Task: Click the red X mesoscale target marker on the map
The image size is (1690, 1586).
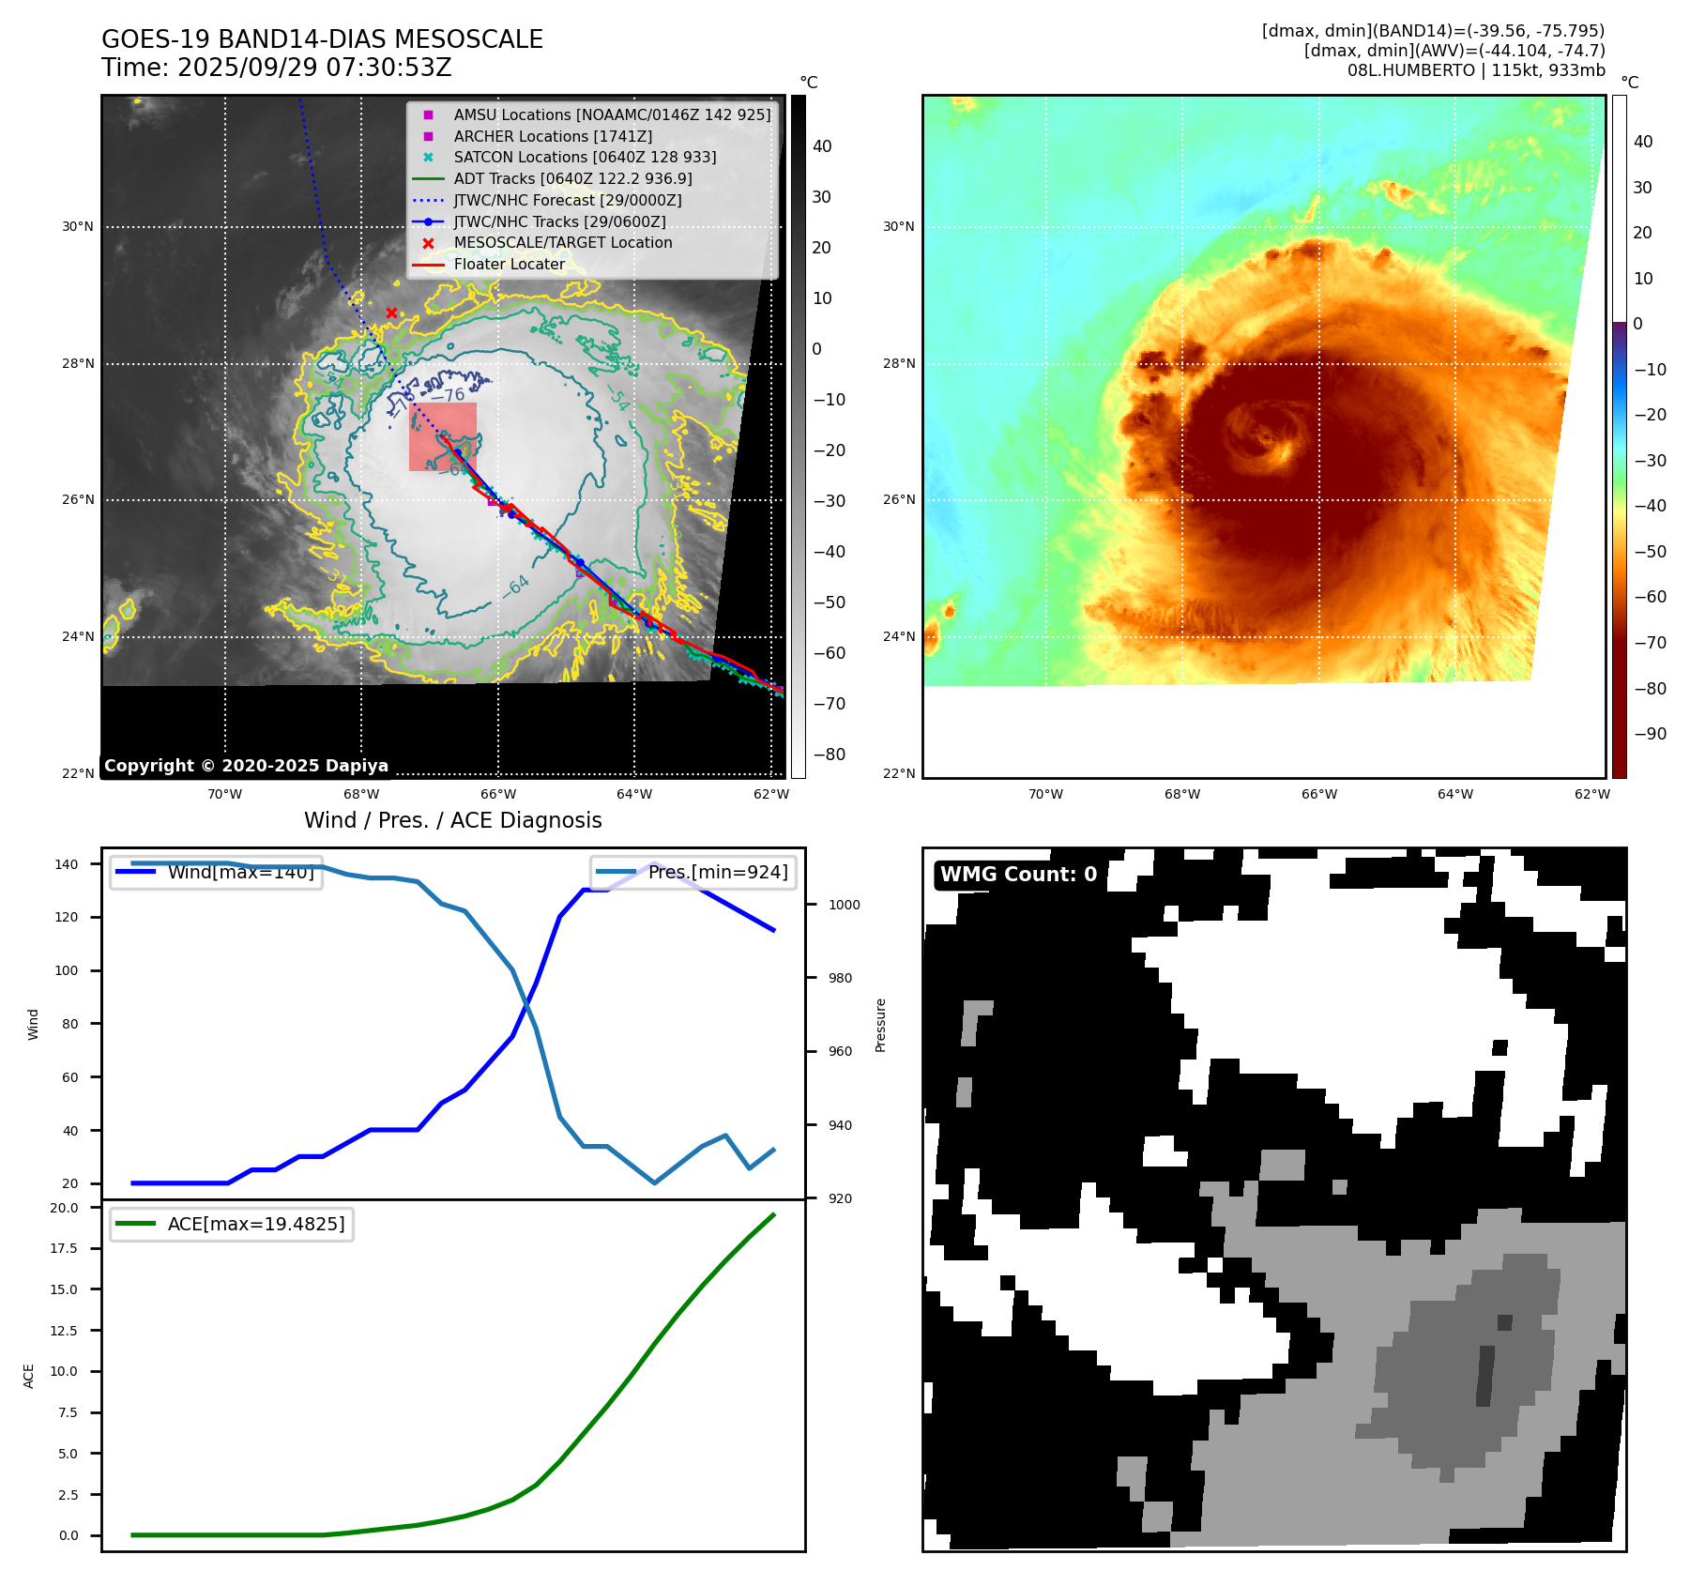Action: point(391,313)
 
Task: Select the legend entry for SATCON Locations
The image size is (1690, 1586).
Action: point(585,158)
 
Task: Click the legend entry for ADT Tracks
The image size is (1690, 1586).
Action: point(572,178)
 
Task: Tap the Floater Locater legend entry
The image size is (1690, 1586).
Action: point(509,265)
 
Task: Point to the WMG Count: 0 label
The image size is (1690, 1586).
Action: point(1018,875)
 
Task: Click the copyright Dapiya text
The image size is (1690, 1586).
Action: point(246,766)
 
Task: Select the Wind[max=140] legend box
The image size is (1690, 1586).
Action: point(216,873)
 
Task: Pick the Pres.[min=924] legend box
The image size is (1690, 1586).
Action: point(693,873)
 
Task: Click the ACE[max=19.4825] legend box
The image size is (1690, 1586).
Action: point(232,1224)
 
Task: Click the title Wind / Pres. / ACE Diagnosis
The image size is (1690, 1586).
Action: point(452,820)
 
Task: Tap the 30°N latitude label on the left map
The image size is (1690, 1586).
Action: point(78,226)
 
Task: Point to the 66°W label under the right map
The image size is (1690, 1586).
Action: point(1318,794)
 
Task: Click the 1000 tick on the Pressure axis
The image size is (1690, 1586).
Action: point(844,905)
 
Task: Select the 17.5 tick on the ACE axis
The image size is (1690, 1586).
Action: point(64,1248)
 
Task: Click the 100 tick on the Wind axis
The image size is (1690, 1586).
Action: point(66,970)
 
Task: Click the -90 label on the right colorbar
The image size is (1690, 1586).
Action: point(1650,734)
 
